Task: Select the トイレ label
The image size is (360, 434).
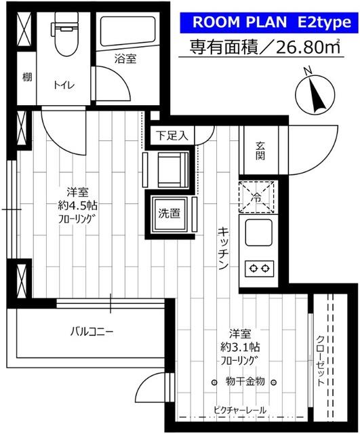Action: click(x=64, y=85)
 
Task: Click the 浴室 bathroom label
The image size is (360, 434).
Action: click(x=125, y=59)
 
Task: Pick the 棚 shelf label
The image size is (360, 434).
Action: click(x=26, y=77)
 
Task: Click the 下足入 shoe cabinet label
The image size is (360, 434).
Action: click(x=167, y=135)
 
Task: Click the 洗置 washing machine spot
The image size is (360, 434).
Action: click(x=169, y=214)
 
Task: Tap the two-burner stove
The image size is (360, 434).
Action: click(x=258, y=268)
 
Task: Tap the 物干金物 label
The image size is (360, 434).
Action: click(x=245, y=382)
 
